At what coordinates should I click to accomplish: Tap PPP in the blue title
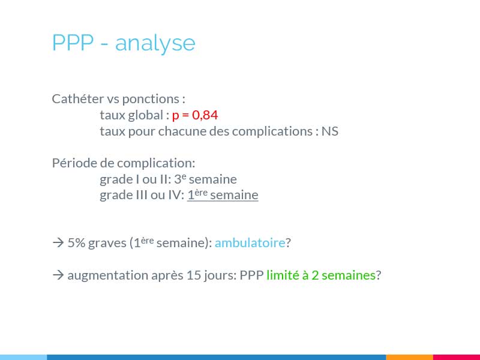pyautogui.click(x=73, y=42)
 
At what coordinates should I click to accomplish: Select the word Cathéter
pyautogui.click(x=78, y=98)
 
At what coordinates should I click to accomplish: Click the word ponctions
pyautogui.click(x=151, y=100)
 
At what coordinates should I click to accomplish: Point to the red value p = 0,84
pyautogui.click(x=195, y=115)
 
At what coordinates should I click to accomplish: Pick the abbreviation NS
pyautogui.click(x=329, y=131)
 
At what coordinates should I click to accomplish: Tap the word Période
pyautogui.click(x=74, y=163)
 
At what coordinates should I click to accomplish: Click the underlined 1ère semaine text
pyautogui.click(x=223, y=195)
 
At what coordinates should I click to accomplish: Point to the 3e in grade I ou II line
pyautogui.click(x=180, y=178)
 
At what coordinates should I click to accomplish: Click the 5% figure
pyautogui.click(x=76, y=243)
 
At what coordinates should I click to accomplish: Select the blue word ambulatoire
pyautogui.click(x=250, y=243)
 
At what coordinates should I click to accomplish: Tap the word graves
pyautogui.click(x=107, y=244)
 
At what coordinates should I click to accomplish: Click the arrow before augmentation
pyautogui.click(x=58, y=275)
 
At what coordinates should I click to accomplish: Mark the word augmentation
pyautogui.click(x=108, y=275)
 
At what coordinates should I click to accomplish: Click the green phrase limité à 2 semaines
pyautogui.click(x=321, y=275)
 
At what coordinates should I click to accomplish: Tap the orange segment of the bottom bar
pyautogui.click(x=410, y=357)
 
